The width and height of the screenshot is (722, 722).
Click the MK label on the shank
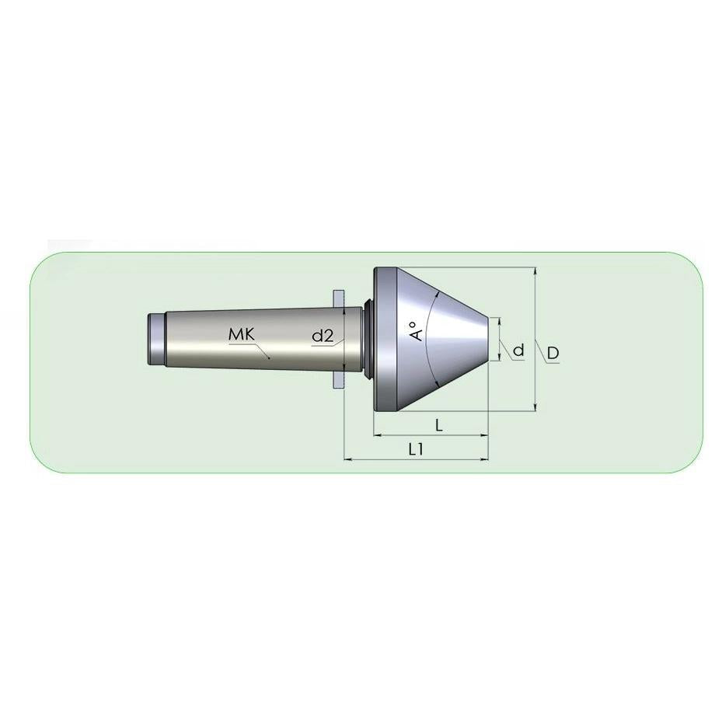click(241, 335)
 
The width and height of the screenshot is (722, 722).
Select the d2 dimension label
click(323, 336)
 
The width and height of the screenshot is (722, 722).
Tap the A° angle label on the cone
click(417, 330)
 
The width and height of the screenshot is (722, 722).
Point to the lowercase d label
click(518, 351)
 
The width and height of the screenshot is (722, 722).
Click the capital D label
click(553, 353)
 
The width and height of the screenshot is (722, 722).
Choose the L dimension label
click(439, 425)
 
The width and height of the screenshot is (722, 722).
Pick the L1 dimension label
click(416, 449)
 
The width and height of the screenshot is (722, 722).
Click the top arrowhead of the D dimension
click(535, 271)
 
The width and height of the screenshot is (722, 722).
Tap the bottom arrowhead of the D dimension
click(535, 406)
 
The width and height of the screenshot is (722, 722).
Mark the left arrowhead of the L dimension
click(378, 434)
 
